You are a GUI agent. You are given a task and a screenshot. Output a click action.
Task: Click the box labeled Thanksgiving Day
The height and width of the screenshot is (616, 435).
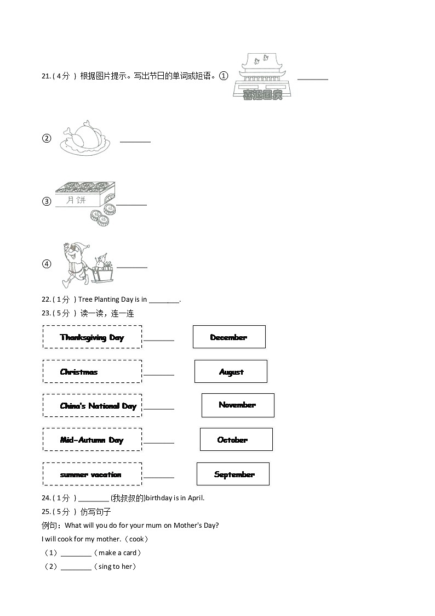click(92, 337)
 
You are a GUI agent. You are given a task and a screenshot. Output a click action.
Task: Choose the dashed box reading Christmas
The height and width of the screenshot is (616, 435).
click(92, 371)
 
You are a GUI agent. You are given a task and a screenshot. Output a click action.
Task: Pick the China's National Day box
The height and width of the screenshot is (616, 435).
click(92, 405)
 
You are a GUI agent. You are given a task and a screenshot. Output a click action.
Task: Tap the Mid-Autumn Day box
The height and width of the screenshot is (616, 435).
click(92, 440)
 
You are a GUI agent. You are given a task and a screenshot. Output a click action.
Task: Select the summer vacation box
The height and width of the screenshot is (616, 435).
click(92, 474)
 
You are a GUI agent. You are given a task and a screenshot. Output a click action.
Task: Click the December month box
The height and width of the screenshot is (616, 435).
click(229, 337)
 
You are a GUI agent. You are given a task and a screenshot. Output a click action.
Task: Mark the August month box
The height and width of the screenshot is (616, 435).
click(231, 371)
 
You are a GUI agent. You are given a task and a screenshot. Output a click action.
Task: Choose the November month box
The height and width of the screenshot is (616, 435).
click(238, 405)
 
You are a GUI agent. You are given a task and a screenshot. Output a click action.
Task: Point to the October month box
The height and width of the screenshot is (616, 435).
click(236, 439)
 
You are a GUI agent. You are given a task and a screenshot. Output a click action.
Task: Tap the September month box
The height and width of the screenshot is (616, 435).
click(233, 474)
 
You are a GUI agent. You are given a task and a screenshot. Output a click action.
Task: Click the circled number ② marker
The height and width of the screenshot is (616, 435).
click(47, 139)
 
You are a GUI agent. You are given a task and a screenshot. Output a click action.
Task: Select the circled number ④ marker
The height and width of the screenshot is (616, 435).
click(47, 264)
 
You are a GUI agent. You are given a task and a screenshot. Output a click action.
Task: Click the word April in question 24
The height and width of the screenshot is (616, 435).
click(196, 498)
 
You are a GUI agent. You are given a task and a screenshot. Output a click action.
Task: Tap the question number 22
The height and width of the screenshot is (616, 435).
click(46, 299)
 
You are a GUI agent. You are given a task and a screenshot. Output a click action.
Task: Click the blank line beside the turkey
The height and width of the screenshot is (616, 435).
click(135, 142)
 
